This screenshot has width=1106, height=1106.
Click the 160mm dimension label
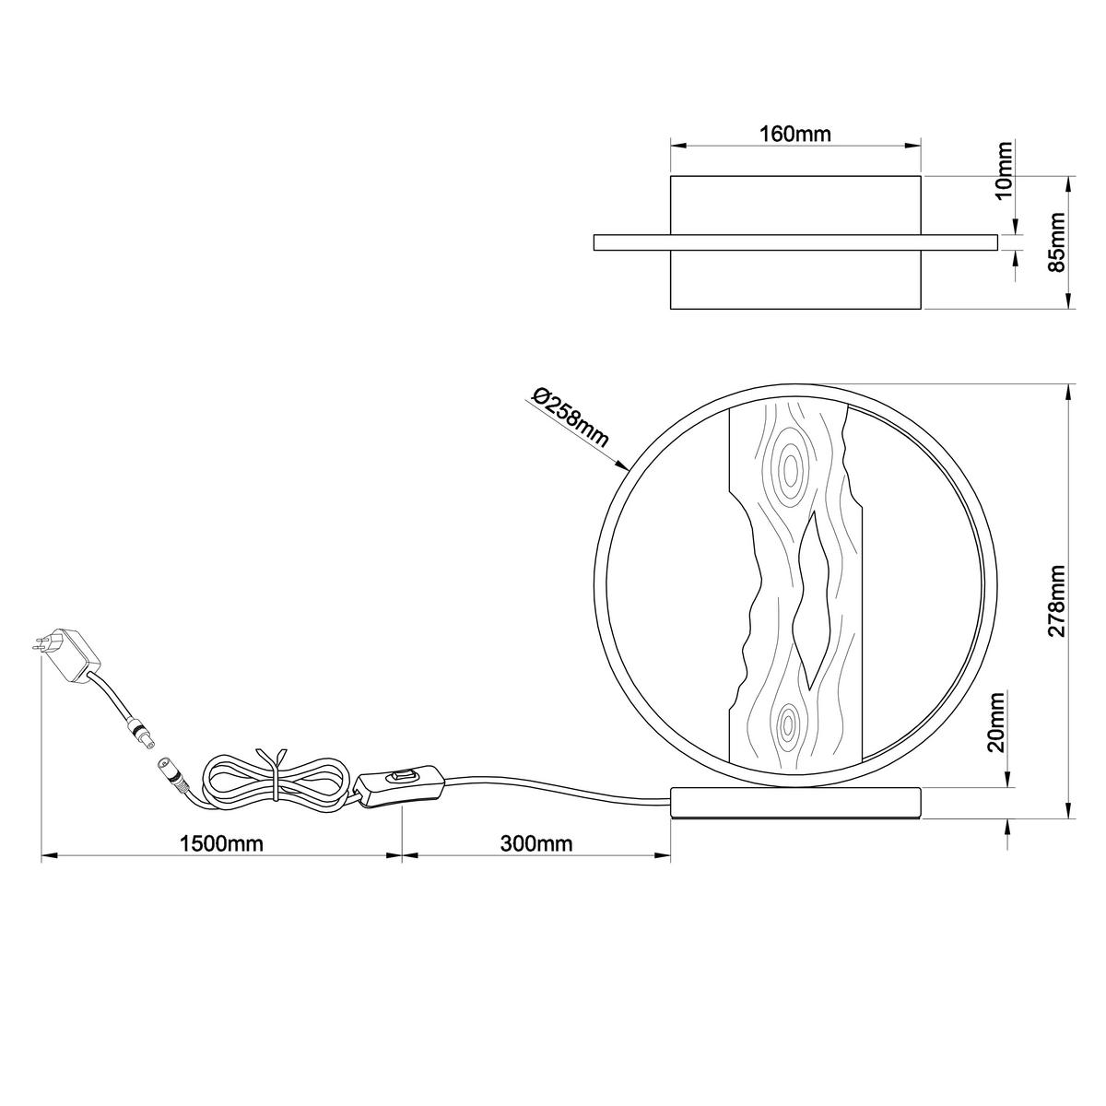click(794, 135)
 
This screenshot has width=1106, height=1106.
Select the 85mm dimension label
click(1055, 241)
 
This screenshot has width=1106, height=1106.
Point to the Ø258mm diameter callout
click(570, 418)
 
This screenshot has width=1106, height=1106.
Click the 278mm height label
click(1055, 601)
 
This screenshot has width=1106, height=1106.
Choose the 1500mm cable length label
click(221, 843)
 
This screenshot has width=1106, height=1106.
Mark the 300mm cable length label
click(536, 843)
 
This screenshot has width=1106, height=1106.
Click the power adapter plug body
click(75, 655)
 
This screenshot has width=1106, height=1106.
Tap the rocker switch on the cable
click(403, 777)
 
